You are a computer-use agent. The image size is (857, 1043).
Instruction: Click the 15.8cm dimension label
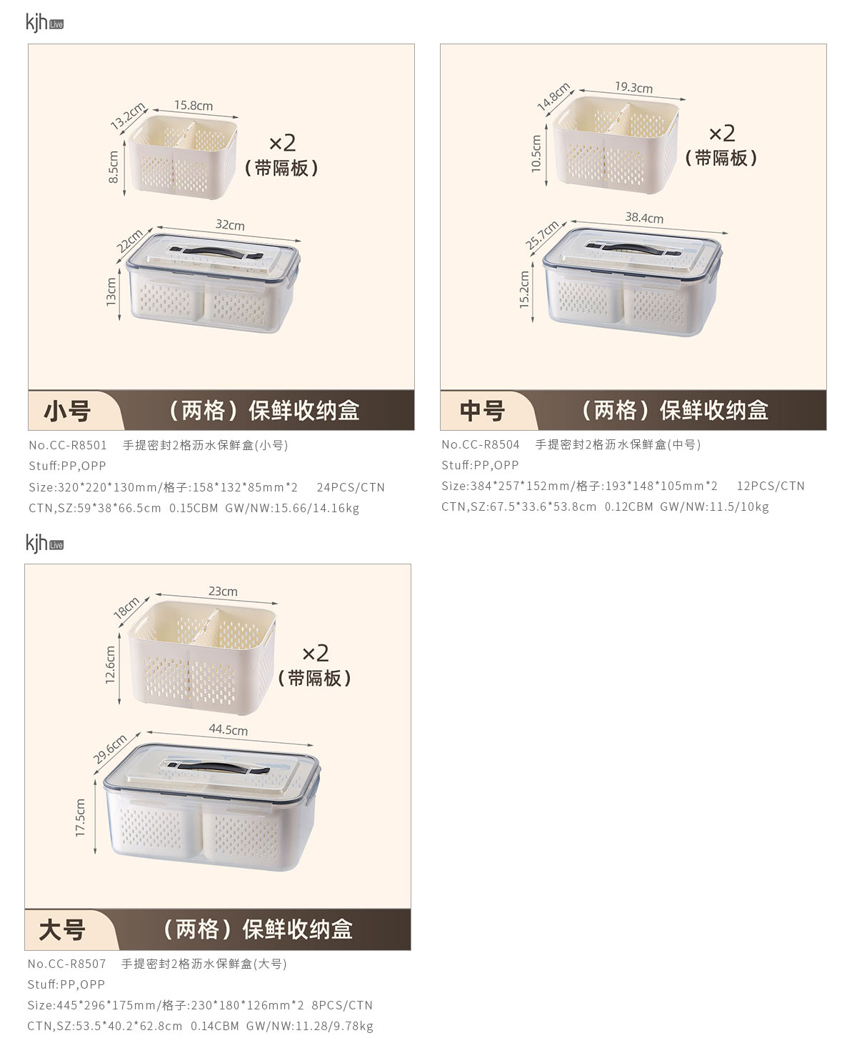point(194,105)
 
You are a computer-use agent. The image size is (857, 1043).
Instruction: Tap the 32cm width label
point(230,225)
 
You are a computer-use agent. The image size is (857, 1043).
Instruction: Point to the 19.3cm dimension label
point(634,88)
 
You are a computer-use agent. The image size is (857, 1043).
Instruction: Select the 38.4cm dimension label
point(644,218)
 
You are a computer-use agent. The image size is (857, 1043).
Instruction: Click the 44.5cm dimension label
point(229,729)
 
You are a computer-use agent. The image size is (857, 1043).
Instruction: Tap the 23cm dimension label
point(223,591)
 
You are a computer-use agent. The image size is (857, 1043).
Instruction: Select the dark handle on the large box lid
point(219,768)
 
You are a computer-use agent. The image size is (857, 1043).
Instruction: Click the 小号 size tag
point(67,411)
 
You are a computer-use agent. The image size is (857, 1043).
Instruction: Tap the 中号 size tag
point(482,411)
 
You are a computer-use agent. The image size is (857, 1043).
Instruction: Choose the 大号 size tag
point(62,930)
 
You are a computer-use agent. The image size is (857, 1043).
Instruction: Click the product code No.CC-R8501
point(68,445)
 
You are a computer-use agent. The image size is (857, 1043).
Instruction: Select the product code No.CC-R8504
point(481,444)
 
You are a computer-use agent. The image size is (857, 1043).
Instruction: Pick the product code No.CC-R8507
point(66,964)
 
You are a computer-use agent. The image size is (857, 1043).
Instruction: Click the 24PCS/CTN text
point(351,487)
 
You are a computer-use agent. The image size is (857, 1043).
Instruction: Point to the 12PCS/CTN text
point(771,486)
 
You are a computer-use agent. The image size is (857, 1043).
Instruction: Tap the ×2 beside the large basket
point(316,653)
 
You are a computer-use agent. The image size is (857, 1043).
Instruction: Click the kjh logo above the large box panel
point(44,544)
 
